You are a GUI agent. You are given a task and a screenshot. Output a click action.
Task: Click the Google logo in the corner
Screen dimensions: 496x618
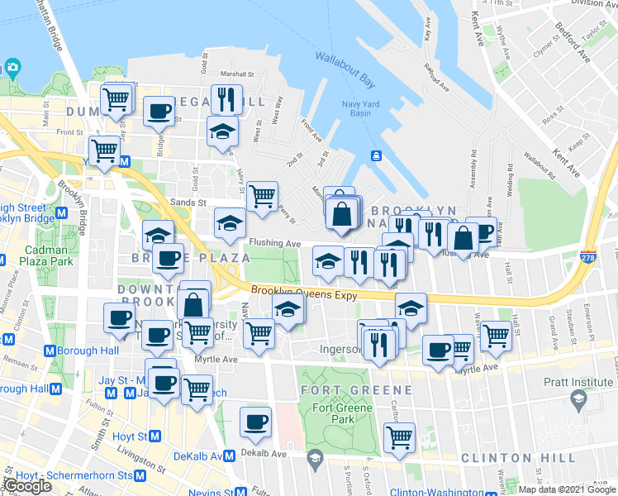click(x=27, y=486)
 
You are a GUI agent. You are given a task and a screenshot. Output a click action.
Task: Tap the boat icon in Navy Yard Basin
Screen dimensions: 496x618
click(x=375, y=155)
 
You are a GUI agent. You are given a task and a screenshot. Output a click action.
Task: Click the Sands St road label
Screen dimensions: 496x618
click(x=188, y=201)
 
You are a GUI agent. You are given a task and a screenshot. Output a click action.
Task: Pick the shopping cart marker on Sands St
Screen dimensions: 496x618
click(x=262, y=196)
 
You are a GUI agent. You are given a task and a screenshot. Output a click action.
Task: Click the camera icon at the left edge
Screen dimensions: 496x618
click(x=12, y=67)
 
